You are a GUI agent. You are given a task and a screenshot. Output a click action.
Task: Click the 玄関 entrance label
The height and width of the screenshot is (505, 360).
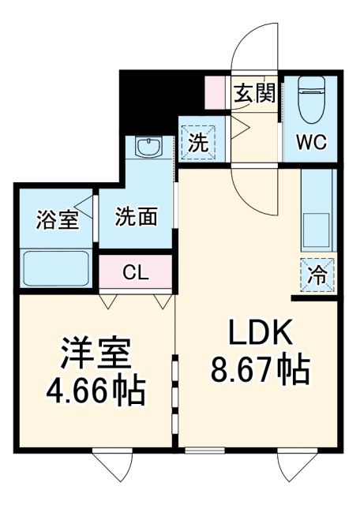(x=254, y=95)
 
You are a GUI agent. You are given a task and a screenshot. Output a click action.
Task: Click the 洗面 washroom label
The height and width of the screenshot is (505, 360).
(x=136, y=218)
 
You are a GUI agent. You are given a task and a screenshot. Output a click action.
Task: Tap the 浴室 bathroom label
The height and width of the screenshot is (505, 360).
(x=57, y=220)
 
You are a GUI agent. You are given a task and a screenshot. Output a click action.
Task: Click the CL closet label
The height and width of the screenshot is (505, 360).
(x=135, y=273)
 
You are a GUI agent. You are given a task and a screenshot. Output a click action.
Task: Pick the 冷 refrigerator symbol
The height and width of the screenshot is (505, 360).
(x=318, y=275)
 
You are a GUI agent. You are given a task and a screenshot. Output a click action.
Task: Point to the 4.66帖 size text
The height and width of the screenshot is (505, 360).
(x=96, y=391)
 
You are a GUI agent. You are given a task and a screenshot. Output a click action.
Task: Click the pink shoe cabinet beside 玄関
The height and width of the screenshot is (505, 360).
(x=214, y=93)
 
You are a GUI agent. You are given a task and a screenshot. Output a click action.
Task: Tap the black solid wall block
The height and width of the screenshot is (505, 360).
(x=150, y=99)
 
